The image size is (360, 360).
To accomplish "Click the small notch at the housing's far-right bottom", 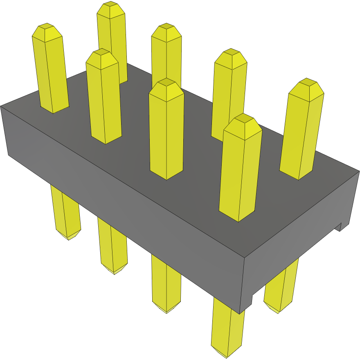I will pyautogui.click(x=340, y=227).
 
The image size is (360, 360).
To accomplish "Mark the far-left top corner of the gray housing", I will pyautogui.click(x=1, y=106).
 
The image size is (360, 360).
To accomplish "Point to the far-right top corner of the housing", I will pyautogui.click(x=359, y=171).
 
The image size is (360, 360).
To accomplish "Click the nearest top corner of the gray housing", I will pyautogui.click(x=245, y=258).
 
